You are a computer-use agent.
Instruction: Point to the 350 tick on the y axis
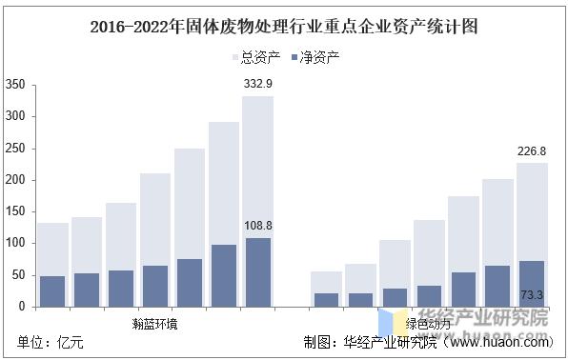[14, 85]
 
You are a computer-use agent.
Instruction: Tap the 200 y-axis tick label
[14, 180]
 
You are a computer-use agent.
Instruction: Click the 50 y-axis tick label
[18, 275]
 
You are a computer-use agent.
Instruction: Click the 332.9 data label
[257, 86]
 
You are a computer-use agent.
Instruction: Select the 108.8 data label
[257, 226]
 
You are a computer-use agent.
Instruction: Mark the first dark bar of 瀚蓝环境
[52, 290]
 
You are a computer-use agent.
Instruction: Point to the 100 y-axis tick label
[14, 244]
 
